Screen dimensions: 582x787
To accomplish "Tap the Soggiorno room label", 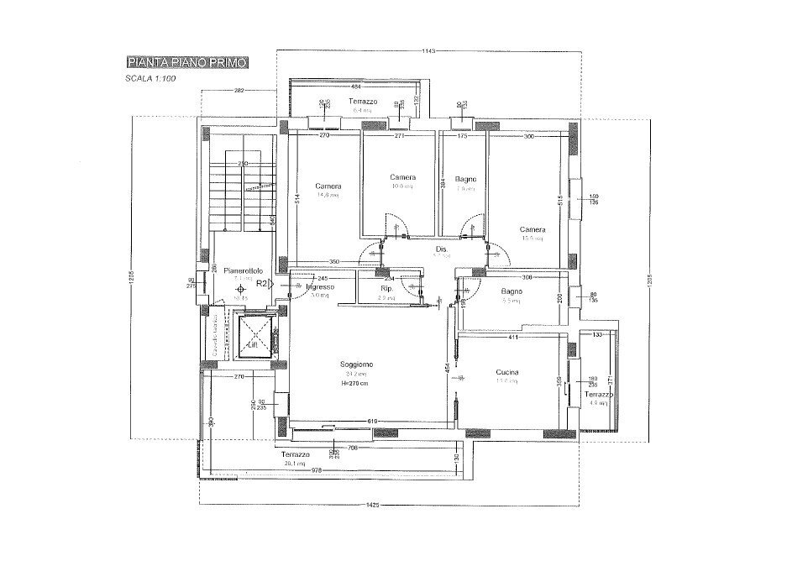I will [357, 364].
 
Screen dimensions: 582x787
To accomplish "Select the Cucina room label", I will [506, 372].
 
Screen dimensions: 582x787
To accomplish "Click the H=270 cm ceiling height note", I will [357, 383].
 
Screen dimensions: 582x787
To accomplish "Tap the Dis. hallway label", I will [441, 249].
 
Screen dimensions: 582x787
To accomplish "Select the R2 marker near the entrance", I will [261, 285].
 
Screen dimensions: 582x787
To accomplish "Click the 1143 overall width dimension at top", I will [428, 51].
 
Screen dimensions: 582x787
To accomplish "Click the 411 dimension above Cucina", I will [512, 338].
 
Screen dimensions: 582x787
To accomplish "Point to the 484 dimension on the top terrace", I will [355, 87].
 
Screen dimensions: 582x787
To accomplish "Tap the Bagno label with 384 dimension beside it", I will [466, 179].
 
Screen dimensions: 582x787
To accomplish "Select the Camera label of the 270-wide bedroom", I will [328, 186].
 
